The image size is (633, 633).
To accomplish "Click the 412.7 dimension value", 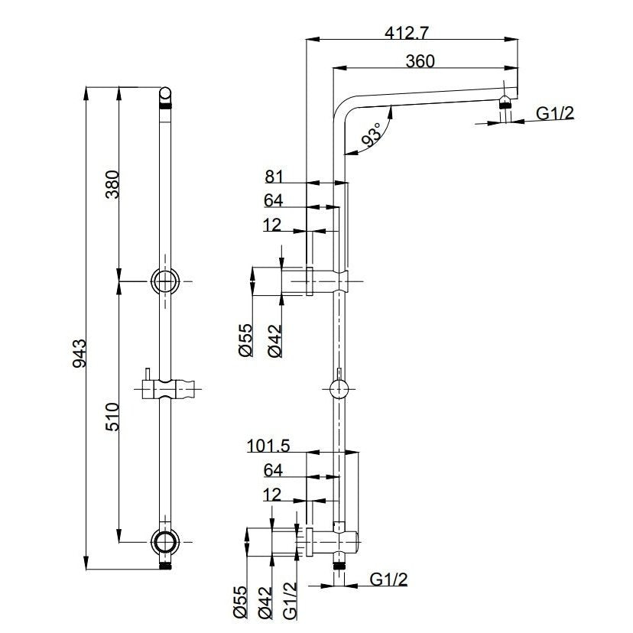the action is pyautogui.click(x=406, y=33).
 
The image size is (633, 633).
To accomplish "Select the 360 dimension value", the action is pyautogui.click(x=420, y=61).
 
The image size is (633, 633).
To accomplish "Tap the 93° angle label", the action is pyautogui.click(x=372, y=135).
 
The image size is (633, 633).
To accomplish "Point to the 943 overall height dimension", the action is pyautogui.click(x=80, y=354).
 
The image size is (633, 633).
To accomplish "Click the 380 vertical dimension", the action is pyautogui.click(x=112, y=184).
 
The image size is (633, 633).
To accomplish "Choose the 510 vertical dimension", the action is pyautogui.click(x=112, y=417).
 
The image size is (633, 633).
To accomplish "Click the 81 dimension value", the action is pyautogui.click(x=274, y=177).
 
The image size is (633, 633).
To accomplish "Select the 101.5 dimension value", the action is pyautogui.click(x=268, y=446).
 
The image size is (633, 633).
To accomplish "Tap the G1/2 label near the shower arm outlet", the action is pyautogui.click(x=555, y=113).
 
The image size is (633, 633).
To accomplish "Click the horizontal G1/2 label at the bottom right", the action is pyautogui.click(x=388, y=579).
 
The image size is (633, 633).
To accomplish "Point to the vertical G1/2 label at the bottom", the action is pyautogui.click(x=291, y=601).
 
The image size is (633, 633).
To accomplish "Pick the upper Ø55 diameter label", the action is pyautogui.click(x=245, y=340).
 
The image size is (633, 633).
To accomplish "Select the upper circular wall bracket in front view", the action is pyautogui.click(x=164, y=281).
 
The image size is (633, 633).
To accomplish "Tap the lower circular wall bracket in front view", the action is pyautogui.click(x=164, y=542).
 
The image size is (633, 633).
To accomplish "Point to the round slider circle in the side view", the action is pyautogui.click(x=339, y=389).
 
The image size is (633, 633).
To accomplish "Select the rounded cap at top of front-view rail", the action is pyautogui.click(x=166, y=96).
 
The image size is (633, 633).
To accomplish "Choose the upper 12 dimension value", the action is pyautogui.click(x=271, y=225).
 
